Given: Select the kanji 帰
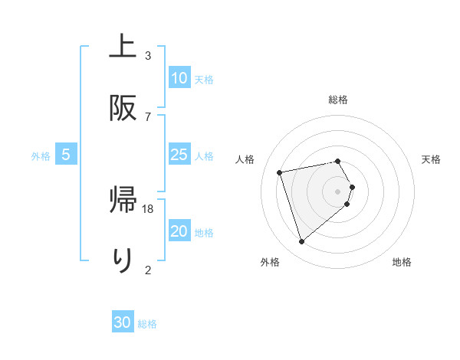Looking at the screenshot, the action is pos(122,201).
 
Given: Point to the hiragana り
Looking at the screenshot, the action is pos(122,259).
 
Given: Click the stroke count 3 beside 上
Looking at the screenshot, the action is pos(148,56).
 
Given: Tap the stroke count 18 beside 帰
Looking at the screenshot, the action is pos(149,208).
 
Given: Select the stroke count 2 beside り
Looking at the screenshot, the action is pos(148,269).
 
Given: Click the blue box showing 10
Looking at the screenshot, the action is pos(179,78).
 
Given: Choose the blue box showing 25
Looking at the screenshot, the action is pos(179,155).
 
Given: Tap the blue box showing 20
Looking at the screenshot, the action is pos(179,232).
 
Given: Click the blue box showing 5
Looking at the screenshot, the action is pos(66,155).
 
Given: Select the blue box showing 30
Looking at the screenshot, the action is pos(123,323).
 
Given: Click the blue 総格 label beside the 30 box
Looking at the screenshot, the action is pos(147,325).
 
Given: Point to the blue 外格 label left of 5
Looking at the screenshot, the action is pos(41,156).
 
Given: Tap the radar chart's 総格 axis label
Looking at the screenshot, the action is pos(338,100).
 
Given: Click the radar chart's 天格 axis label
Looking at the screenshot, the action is pos(432,159).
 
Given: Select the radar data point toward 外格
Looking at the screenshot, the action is pos(301,241).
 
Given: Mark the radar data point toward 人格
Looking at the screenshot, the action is pos(281,172).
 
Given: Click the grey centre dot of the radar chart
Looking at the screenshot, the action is pos(338,191).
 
